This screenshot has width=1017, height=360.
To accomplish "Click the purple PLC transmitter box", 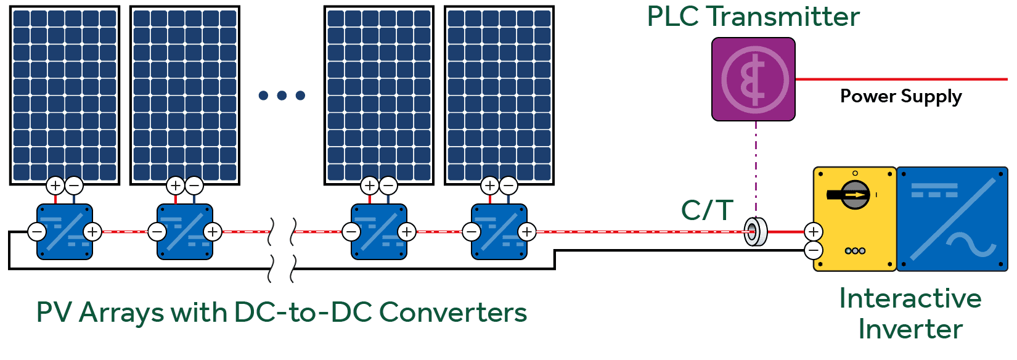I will pos(753,80).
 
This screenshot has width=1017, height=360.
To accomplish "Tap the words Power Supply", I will pos(901,96).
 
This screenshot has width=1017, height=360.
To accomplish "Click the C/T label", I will pos(707,210).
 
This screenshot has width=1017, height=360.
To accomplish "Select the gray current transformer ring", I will pos(754,232).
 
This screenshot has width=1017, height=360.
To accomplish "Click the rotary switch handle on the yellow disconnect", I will pos(853,195).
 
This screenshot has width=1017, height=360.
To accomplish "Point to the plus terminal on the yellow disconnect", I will pos(814,232).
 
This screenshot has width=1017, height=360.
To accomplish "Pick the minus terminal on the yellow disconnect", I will pos(814,250).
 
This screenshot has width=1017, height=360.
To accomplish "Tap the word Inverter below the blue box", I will pos(910,329).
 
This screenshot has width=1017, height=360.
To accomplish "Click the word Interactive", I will pos(910,298).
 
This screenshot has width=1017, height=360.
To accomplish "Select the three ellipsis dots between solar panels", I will pos(282,95).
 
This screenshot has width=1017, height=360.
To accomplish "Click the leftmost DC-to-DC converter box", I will pos(65,232).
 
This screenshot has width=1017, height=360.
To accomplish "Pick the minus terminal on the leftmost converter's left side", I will pos(37,232).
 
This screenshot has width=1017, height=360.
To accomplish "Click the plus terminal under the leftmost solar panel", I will pos(55,185).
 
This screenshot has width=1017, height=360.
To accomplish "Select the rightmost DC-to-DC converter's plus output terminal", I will pos(527,232).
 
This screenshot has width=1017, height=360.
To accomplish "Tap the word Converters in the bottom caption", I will pos(453,313).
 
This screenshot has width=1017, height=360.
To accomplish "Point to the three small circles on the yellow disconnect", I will pos(855,251).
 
